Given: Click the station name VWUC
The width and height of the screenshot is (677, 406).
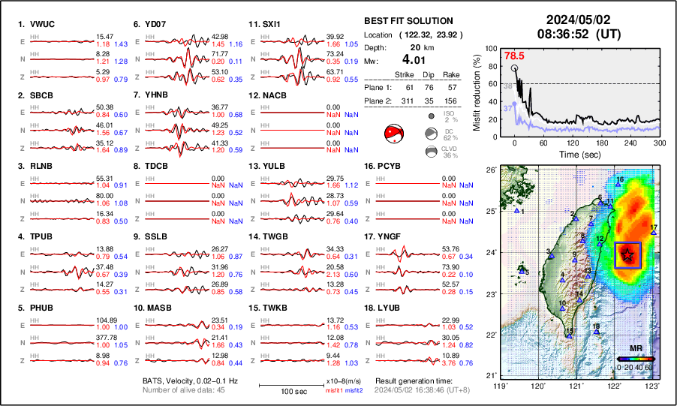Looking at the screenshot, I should click(x=43, y=24).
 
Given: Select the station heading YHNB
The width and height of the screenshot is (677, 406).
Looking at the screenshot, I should click(x=158, y=95).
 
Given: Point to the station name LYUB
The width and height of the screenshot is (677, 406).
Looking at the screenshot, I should click(x=389, y=308).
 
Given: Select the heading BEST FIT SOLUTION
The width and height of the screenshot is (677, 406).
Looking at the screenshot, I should click(x=408, y=21).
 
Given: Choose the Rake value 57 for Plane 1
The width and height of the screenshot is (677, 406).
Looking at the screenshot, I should click(x=450, y=87).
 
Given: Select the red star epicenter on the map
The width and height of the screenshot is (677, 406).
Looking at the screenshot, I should click(x=627, y=256).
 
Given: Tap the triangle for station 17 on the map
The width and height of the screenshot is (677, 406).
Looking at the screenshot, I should click(x=654, y=233).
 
